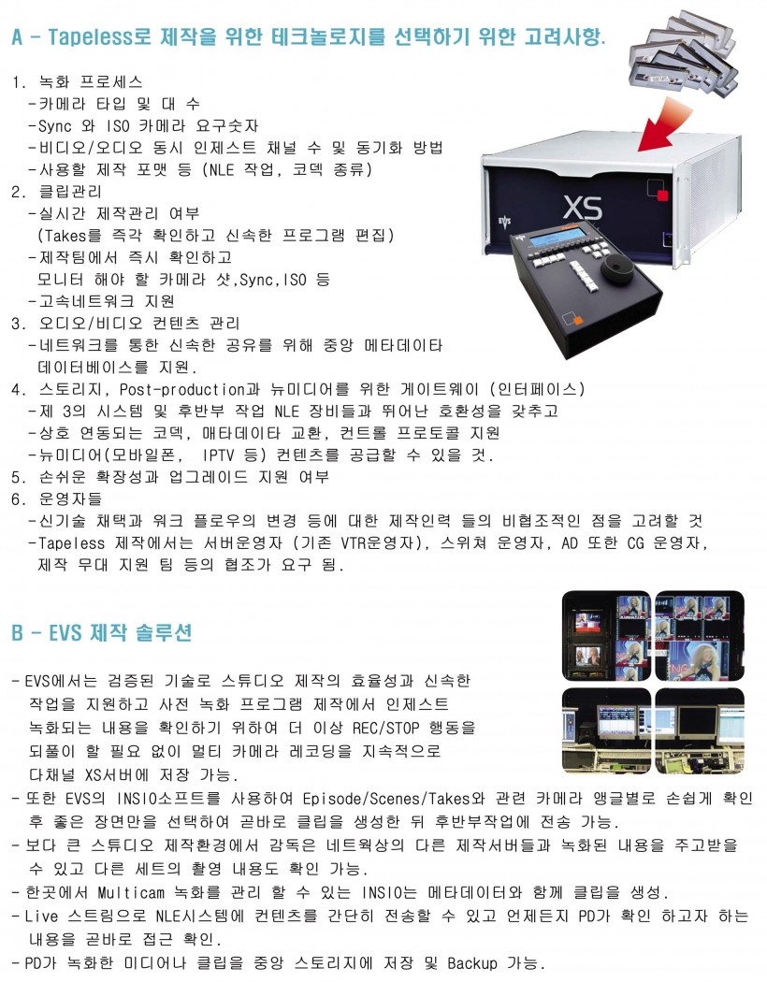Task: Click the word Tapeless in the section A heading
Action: click(91, 36)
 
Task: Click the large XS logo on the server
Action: click(583, 208)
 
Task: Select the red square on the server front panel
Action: click(662, 195)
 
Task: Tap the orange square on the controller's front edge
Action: click(578, 321)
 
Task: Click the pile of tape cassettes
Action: click(684, 54)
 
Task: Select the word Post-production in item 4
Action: click(181, 390)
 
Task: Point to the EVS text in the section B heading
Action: click(65, 632)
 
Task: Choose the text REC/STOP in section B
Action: click(385, 728)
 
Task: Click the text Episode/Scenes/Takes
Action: click(386, 799)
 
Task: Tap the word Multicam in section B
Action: click(131, 892)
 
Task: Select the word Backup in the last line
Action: click(472, 962)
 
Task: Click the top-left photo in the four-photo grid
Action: click(606, 636)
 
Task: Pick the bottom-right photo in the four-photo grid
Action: click(700, 730)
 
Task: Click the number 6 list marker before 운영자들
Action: click(17, 499)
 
